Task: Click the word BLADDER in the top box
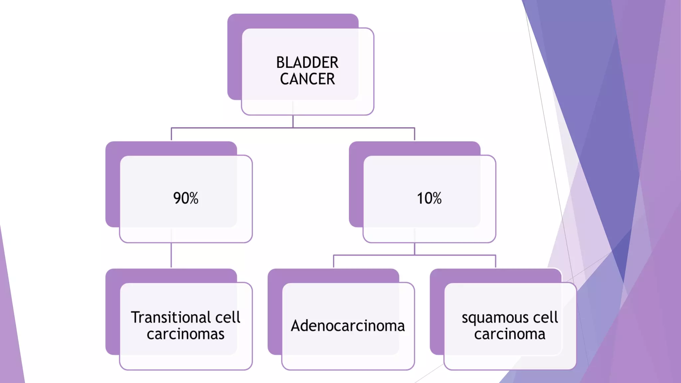click(x=307, y=63)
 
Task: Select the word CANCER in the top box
click(x=307, y=79)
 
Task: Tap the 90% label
click(x=186, y=198)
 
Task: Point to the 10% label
click(x=429, y=198)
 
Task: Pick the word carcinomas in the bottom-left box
click(x=186, y=334)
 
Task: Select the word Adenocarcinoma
click(x=348, y=325)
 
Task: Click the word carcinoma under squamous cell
click(x=509, y=334)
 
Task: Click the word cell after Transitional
click(x=228, y=317)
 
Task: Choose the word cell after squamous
click(x=545, y=317)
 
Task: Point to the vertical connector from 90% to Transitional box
click(x=171, y=255)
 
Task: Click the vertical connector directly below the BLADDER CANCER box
click(x=293, y=121)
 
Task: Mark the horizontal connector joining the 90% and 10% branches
click(x=233, y=128)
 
